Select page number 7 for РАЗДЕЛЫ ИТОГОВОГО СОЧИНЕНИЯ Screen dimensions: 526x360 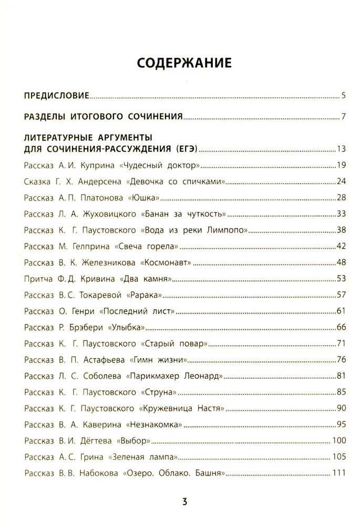click(x=342, y=116)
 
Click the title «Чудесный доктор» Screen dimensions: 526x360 click(x=160, y=166)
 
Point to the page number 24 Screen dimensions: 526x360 click(x=340, y=182)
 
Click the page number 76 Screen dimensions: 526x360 click(x=340, y=360)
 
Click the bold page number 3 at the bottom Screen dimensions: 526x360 click(x=184, y=501)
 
